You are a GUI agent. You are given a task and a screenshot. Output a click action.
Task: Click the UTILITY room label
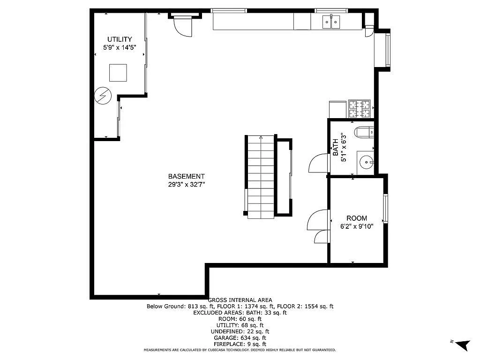click(x=120, y=39)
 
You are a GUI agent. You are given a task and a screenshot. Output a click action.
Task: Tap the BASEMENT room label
click(x=186, y=176)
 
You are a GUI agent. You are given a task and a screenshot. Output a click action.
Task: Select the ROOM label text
click(x=357, y=218)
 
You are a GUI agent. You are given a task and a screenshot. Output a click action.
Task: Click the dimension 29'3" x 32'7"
click(x=186, y=184)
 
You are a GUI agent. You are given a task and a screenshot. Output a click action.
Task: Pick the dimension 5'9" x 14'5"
click(x=120, y=47)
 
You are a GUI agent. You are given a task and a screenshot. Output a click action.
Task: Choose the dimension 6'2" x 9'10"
click(x=357, y=226)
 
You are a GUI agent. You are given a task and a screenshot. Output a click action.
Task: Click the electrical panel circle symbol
click(x=102, y=96)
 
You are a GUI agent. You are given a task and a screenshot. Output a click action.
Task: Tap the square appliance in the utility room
click(x=118, y=73)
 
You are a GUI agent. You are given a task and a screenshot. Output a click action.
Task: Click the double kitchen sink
click(x=331, y=22)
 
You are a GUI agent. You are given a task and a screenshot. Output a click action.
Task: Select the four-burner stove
click(x=360, y=109)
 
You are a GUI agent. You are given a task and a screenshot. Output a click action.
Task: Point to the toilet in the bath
click(x=364, y=132)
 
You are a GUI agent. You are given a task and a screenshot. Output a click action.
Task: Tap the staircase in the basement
click(x=261, y=177)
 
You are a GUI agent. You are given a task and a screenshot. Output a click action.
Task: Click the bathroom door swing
click(x=319, y=164)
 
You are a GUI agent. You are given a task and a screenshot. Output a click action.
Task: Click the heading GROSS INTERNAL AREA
click(x=240, y=300)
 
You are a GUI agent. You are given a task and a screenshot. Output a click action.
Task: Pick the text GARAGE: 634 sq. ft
click(x=240, y=337)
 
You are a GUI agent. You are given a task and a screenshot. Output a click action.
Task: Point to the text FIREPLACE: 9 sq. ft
click(x=240, y=344)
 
